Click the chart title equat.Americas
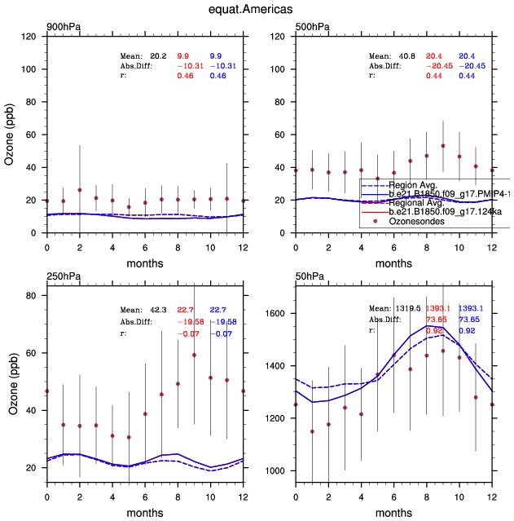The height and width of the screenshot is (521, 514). click(x=257, y=11)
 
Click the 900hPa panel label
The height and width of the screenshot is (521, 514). click(x=64, y=28)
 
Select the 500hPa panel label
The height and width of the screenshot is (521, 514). click(x=313, y=28)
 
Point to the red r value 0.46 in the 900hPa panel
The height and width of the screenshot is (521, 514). click(x=186, y=75)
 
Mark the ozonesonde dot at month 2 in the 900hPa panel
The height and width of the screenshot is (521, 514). click(x=80, y=190)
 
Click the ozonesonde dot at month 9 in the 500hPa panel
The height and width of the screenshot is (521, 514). click(x=443, y=146)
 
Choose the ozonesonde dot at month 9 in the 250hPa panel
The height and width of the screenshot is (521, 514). click(x=194, y=355)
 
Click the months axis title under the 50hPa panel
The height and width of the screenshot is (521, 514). click(x=393, y=514)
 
